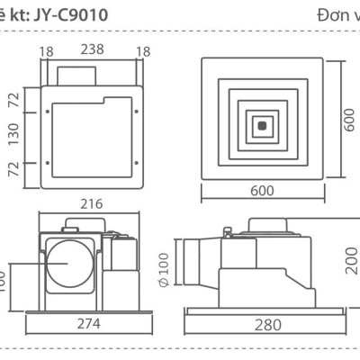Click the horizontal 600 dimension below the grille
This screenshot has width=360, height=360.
(x=262, y=192)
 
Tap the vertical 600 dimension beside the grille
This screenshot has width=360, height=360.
(x=348, y=118)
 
